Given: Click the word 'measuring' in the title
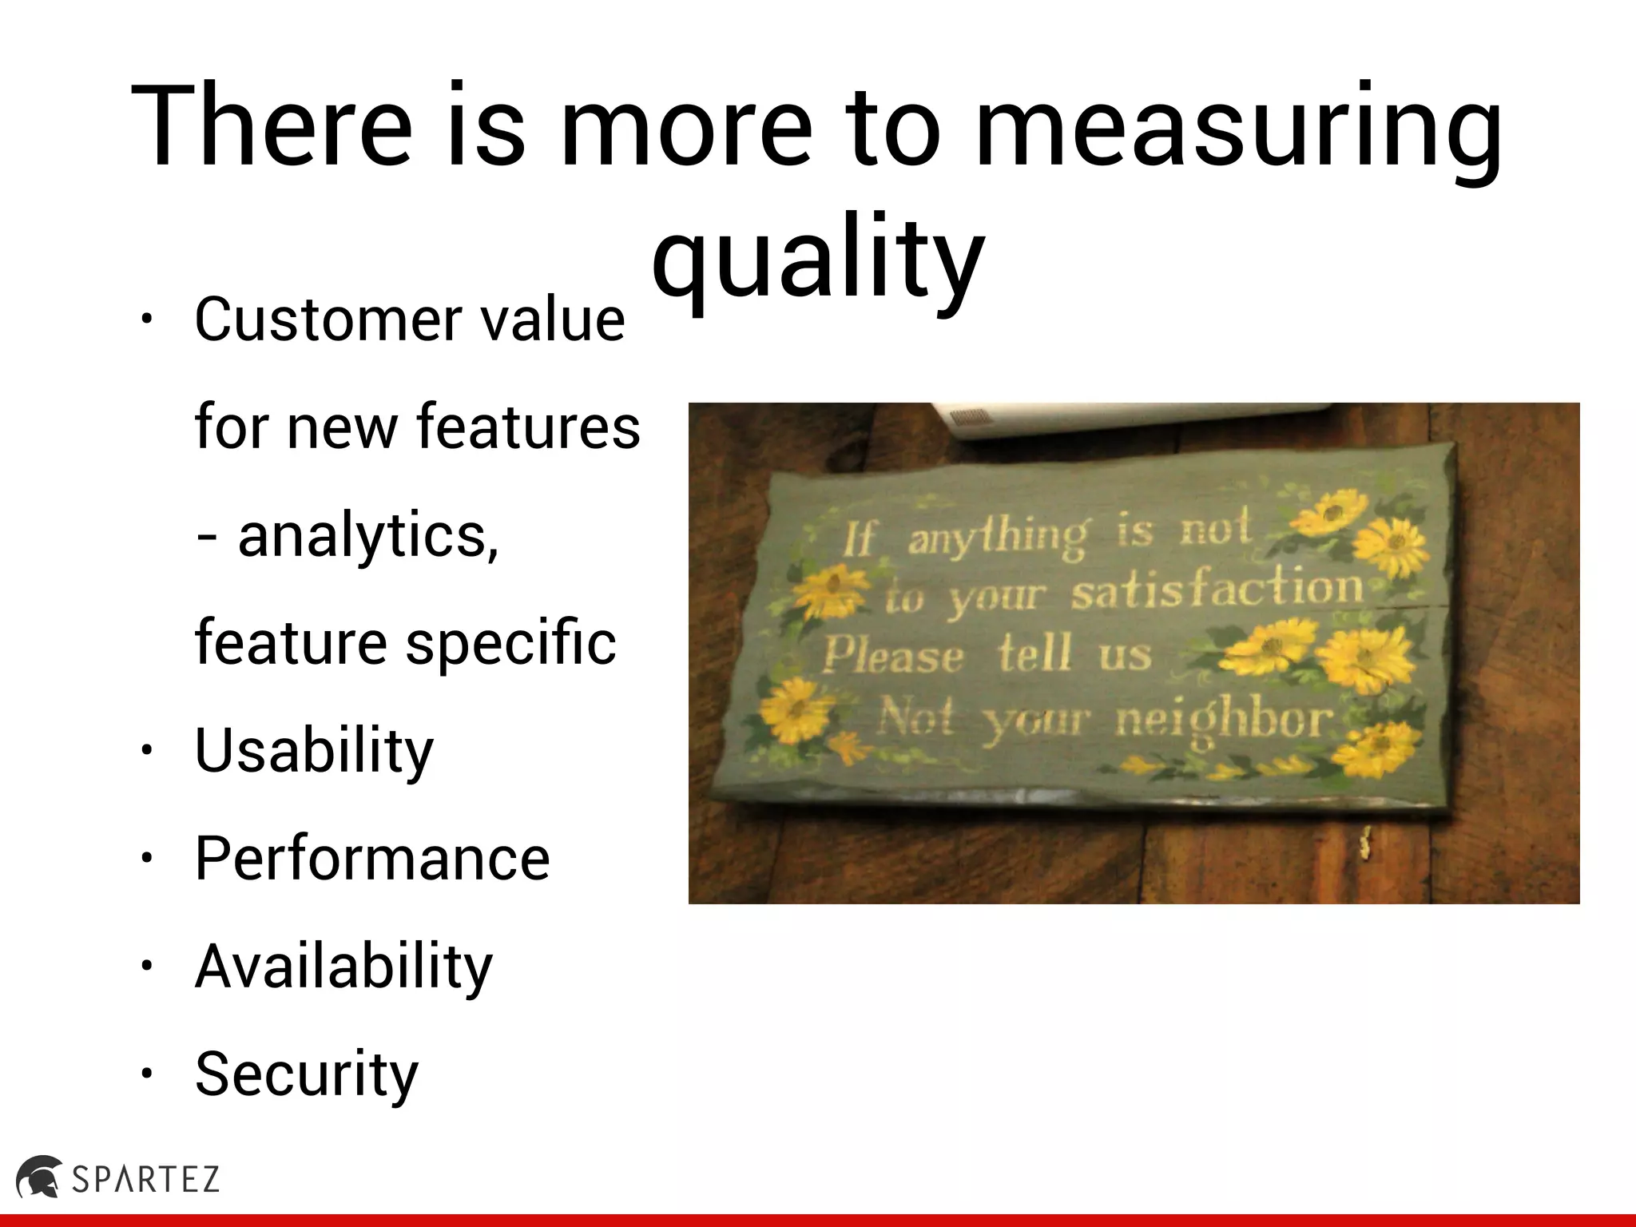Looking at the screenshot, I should pyautogui.click(x=1238, y=128).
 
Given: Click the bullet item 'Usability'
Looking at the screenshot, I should pyautogui.click(x=314, y=751).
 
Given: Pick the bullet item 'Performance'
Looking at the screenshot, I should pyautogui.click(x=372, y=859).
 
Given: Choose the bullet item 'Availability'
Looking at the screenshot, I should pyautogui.click(x=343, y=967).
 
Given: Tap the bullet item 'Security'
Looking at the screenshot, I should pyautogui.click(x=307, y=1074).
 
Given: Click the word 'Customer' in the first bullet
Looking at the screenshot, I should pyautogui.click(x=328, y=320).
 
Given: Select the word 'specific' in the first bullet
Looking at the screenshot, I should pyautogui.click(x=511, y=643).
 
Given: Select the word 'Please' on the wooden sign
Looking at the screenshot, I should pyautogui.click(x=893, y=657).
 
